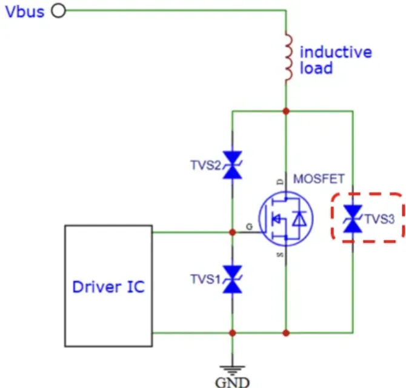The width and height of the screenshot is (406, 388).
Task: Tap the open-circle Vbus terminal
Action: [x=59, y=11]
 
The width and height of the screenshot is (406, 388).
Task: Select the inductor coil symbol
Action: [x=287, y=58]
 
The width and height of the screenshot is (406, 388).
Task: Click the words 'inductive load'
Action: [x=335, y=59]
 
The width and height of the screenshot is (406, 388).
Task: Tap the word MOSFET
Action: [x=319, y=179]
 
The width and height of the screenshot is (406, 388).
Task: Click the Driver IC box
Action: [x=108, y=286]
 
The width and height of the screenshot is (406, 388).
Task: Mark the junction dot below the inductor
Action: [x=286, y=111]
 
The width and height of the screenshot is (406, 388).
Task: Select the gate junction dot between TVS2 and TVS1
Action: [x=233, y=232]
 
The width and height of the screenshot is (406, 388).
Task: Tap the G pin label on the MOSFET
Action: [x=249, y=227]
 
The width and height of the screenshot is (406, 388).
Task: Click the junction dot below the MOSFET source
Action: [x=286, y=332]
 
